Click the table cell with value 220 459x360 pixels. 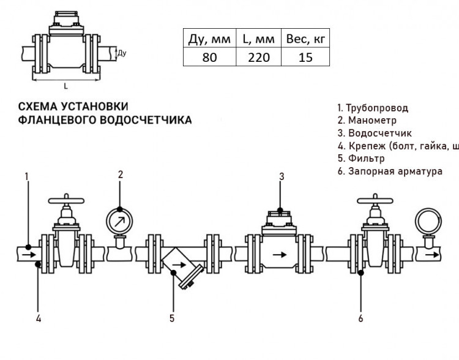259,57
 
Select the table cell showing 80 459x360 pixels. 209,57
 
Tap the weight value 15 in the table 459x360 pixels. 305,57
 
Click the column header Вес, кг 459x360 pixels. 305,39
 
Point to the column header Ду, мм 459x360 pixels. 209,39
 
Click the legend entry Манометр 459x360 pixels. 367,121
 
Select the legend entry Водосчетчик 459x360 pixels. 375,133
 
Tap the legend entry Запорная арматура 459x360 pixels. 390,171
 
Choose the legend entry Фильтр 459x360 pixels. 361,159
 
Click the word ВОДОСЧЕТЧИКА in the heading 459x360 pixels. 146,120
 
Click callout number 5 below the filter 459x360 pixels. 172,318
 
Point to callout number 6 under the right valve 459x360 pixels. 360,318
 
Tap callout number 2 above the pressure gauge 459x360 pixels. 121,174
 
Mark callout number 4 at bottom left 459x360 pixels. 39,318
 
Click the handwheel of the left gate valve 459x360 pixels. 66,201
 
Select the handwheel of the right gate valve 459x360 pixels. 375,201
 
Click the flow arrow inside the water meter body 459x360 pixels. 280,255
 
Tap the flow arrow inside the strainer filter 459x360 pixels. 179,265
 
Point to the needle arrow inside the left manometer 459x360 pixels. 119,222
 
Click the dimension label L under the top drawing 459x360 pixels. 65,86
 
